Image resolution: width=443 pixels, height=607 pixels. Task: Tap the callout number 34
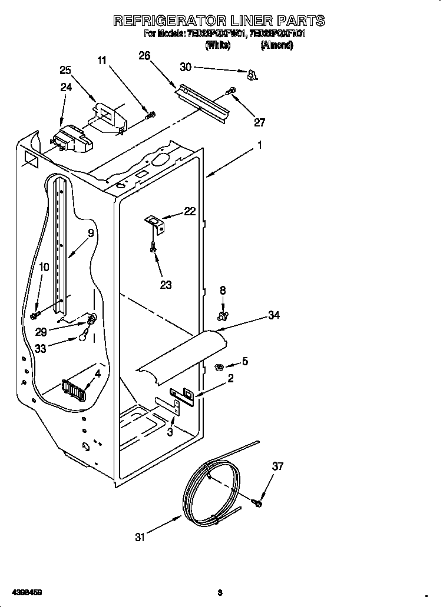coord(274,316)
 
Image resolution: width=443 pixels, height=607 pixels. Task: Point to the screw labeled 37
coord(258,502)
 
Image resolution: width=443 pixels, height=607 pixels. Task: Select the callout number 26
coord(144,56)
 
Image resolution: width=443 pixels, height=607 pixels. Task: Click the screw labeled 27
coord(232,91)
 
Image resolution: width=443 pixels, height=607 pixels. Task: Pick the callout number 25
coord(65,70)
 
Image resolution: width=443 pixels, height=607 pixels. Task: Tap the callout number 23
coord(166,285)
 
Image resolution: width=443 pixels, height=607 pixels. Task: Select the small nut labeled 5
coord(219,367)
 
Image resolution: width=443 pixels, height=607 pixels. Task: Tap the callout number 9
coord(91,233)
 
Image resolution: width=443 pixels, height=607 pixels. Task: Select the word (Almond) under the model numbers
coord(276,45)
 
